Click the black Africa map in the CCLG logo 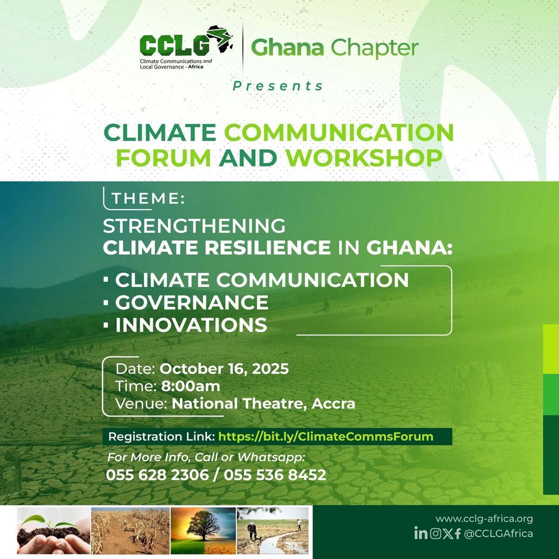220,39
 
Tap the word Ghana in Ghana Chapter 287,48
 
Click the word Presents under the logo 278,86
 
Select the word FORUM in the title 164,158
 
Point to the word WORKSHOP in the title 364,158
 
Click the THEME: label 148,198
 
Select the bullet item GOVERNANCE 192,302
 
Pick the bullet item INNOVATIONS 191,325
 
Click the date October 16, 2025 224,369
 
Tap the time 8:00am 191,386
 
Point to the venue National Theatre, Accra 263,404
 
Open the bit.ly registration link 326,436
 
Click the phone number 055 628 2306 157,475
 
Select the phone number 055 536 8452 275,475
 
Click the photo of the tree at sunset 204,531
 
